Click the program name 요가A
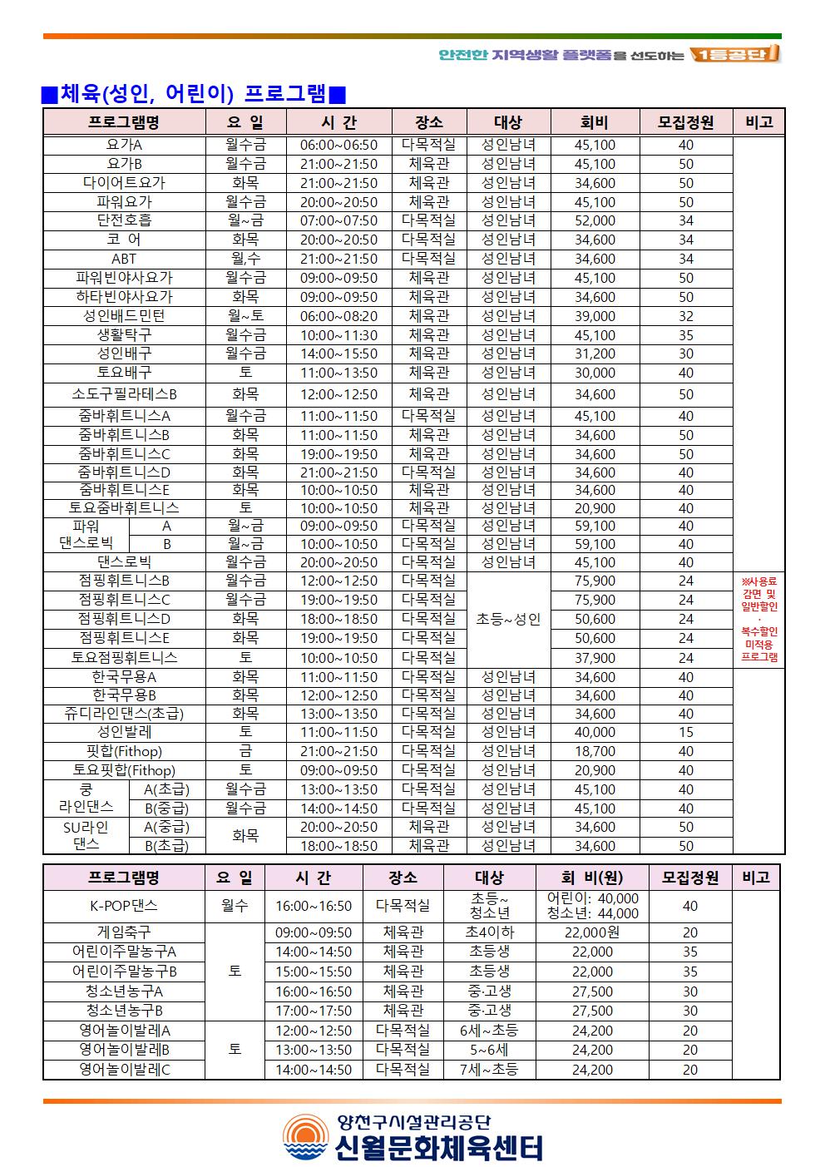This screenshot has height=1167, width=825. coord(124,145)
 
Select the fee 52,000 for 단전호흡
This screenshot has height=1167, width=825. coord(595,220)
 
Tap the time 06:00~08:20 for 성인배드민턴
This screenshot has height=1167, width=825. coord(338,316)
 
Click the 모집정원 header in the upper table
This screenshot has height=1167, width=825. coord(685,122)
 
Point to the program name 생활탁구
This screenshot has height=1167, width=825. coord(124,335)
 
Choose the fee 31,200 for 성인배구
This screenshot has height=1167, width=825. coord(595,354)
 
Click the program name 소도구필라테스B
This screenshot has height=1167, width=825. coord(124,394)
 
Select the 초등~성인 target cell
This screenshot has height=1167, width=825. coord(507,619)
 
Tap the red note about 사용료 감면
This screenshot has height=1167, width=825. coord(758,619)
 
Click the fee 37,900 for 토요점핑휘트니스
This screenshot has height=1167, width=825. coord(595,658)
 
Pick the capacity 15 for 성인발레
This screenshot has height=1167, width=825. coord(685,732)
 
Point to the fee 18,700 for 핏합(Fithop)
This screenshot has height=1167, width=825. coord(595,751)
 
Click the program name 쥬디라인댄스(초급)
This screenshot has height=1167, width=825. coord(124,714)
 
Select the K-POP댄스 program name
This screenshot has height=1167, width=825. coord(124,906)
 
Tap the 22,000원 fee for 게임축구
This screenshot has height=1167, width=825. coord(592,932)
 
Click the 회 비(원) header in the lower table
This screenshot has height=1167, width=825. coord(592,877)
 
